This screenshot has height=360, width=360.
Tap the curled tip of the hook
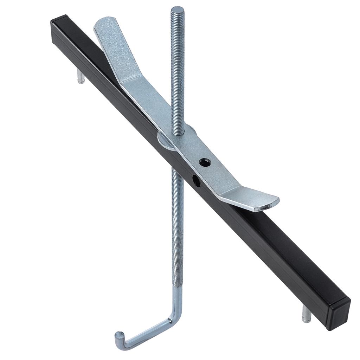[118, 334]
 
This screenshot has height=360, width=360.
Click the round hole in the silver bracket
[205, 162]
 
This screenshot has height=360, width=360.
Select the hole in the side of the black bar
[196, 181]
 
